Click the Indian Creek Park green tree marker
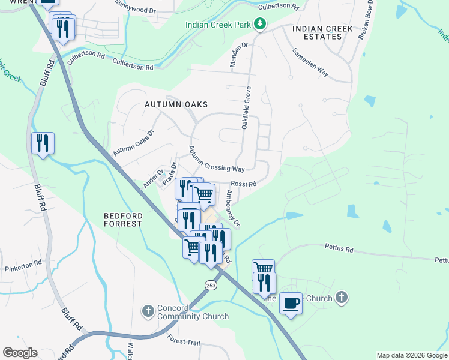point(260,24)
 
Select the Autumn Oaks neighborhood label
point(176,104)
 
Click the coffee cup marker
point(291,304)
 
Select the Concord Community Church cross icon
point(148,311)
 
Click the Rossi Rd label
point(244,184)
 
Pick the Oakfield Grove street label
point(246,107)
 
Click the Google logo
point(20,353)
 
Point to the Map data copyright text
point(411,355)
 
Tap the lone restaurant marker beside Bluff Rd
point(43,143)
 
